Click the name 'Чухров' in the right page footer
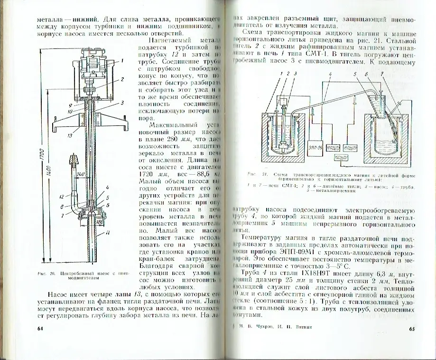[271, 327]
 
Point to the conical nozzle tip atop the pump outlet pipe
[74, 159]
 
